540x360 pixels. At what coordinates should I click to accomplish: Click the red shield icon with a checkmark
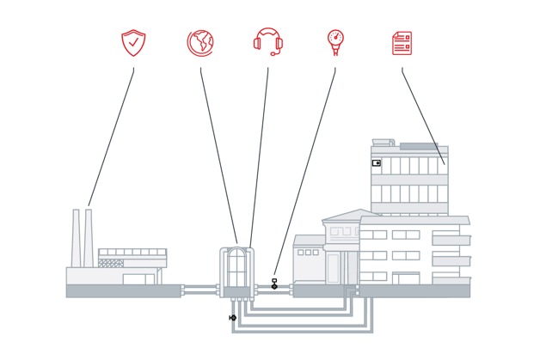[x=133, y=43]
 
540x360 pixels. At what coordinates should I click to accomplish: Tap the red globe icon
[x=199, y=43]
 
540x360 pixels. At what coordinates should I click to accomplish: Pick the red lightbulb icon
[x=335, y=41]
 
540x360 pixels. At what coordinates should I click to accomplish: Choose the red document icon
[x=402, y=43]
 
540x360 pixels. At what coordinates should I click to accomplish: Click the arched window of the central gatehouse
[x=236, y=268]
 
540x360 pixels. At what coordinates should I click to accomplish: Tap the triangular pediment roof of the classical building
[x=347, y=216]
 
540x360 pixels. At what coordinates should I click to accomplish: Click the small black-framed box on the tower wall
[x=376, y=162]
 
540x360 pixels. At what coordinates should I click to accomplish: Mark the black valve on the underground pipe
[x=233, y=318]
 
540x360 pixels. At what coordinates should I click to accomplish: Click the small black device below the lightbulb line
[x=274, y=284]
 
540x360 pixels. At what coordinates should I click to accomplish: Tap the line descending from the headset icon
[x=260, y=155]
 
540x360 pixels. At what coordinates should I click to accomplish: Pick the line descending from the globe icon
[x=218, y=155]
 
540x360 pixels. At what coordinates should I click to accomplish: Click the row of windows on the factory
[x=131, y=253]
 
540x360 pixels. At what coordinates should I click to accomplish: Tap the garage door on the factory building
[x=138, y=279]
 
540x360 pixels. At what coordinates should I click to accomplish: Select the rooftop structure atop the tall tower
[x=383, y=142]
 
